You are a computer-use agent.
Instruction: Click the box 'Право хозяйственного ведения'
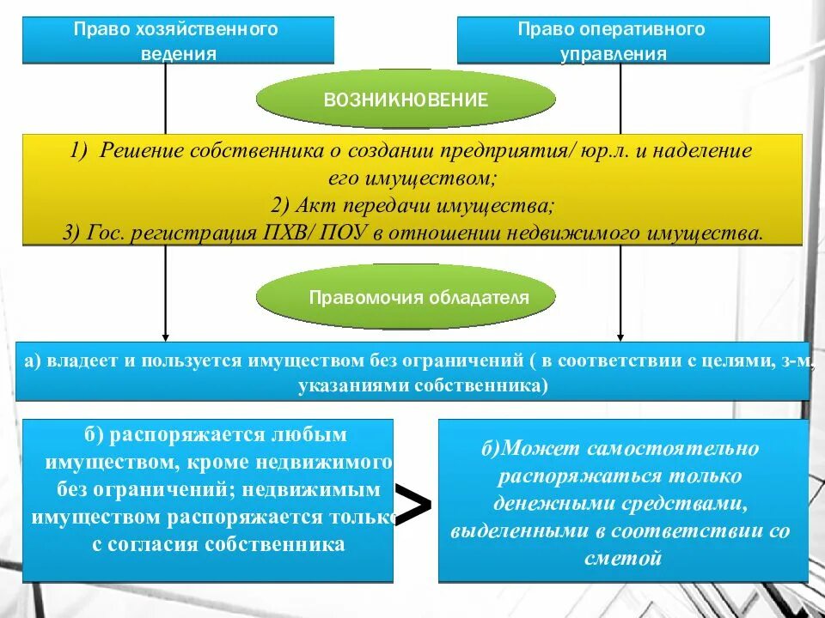[x=178, y=40]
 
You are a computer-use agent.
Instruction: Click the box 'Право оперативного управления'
[x=613, y=40]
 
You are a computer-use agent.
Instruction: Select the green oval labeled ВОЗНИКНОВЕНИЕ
[x=406, y=100]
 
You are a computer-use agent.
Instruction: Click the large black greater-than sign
[x=414, y=505]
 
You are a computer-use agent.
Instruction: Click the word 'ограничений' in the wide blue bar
[x=465, y=360]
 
